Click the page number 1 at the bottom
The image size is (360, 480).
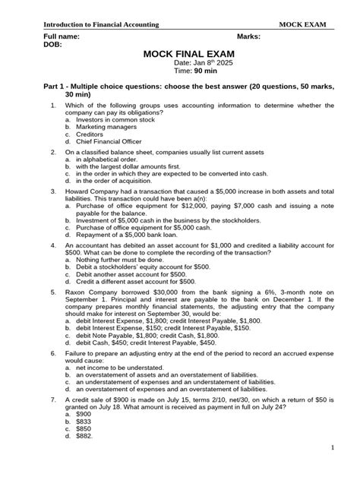[x=333, y=469]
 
